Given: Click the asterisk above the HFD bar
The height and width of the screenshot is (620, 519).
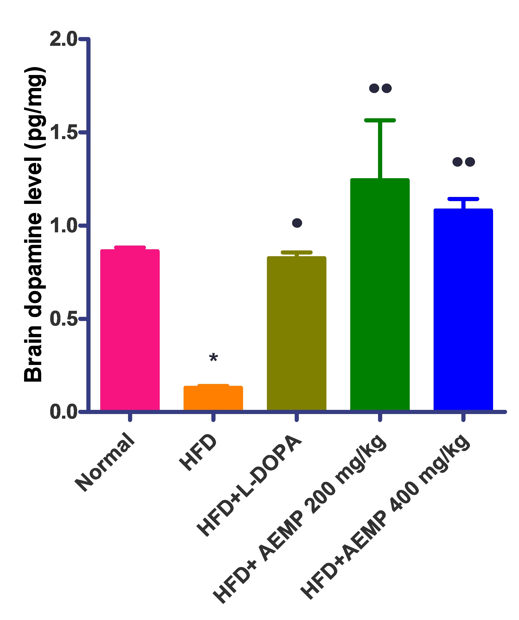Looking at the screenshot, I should point(213,358).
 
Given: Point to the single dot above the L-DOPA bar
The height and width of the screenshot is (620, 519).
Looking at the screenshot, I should point(297,223).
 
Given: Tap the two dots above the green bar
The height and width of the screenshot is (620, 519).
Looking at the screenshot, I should point(380,88).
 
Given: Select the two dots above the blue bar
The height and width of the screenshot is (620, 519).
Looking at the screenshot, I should point(463,162).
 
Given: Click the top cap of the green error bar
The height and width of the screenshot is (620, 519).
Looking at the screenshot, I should point(380,120).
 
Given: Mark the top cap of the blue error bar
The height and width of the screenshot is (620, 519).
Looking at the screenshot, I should point(463,199).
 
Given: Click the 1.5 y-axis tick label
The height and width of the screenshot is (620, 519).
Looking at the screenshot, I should point(63,132).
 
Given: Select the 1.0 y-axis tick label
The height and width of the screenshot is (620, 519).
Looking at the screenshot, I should point(63,226).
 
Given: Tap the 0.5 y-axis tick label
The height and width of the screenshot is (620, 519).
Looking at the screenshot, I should point(63,319).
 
